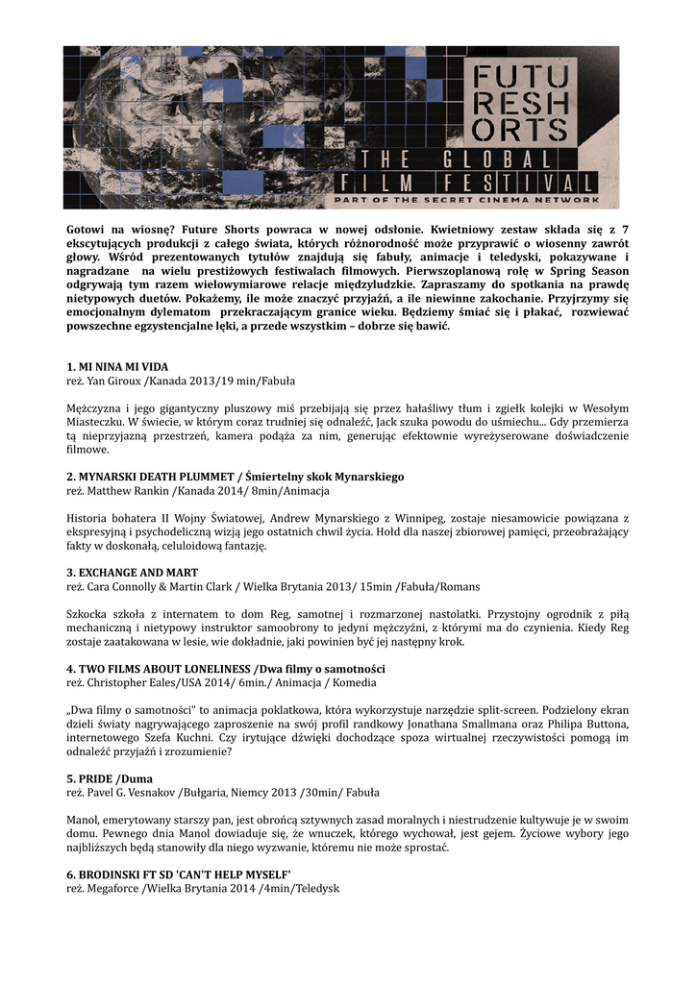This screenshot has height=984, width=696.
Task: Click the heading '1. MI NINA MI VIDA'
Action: pyautogui.click(x=116, y=367)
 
